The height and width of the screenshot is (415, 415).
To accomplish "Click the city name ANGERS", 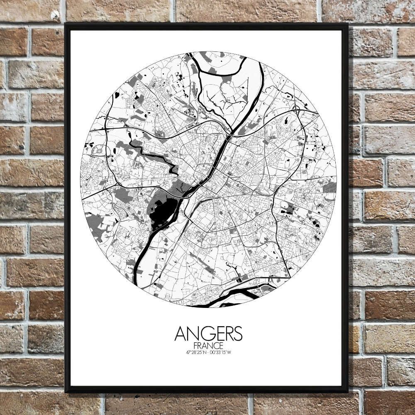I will pos(208,333).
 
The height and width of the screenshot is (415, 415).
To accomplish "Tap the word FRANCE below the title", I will pos(208,346).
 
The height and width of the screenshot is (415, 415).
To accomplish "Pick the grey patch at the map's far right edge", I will pos(330,187).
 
